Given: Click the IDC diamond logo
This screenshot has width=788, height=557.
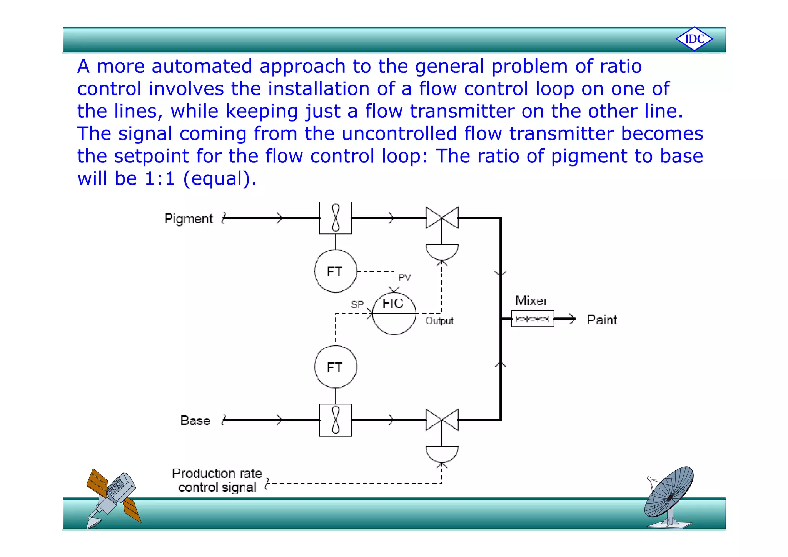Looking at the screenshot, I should [x=694, y=39].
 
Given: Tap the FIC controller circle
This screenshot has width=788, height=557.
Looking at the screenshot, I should [x=394, y=313].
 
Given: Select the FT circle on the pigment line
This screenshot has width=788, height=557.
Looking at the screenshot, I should [x=335, y=271].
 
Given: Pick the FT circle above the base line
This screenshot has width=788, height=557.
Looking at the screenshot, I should [x=335, y=367].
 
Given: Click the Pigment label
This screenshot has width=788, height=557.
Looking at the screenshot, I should [x=189, y=218].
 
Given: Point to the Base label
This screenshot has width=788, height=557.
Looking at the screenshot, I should [x=195, y=420].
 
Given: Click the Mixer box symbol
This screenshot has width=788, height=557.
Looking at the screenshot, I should [x=532, y=319].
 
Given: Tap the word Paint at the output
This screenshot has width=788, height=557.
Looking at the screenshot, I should [x=602, y=320].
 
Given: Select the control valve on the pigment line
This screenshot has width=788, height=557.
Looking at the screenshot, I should [x=442, y=218].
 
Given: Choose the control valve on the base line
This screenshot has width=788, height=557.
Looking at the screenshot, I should [x=442, y=420].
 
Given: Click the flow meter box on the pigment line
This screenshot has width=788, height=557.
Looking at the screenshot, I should [x=335, y=218].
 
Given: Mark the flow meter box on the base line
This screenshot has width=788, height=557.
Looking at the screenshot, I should [x=335, y=420].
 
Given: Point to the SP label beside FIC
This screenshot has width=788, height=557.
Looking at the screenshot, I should [x=357, y=305].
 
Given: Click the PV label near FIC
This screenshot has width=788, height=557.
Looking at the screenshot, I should [x=404, y=277].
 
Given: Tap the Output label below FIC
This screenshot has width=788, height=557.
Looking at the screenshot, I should [x=439, y=321].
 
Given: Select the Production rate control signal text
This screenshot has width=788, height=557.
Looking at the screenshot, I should [x=217, y=480].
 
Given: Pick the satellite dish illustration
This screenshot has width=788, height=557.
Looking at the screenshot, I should [x=669, y=496].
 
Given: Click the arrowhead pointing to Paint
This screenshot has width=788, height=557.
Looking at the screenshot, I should [x=573, y=319].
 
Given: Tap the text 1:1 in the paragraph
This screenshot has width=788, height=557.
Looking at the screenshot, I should [x=160, y=178].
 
